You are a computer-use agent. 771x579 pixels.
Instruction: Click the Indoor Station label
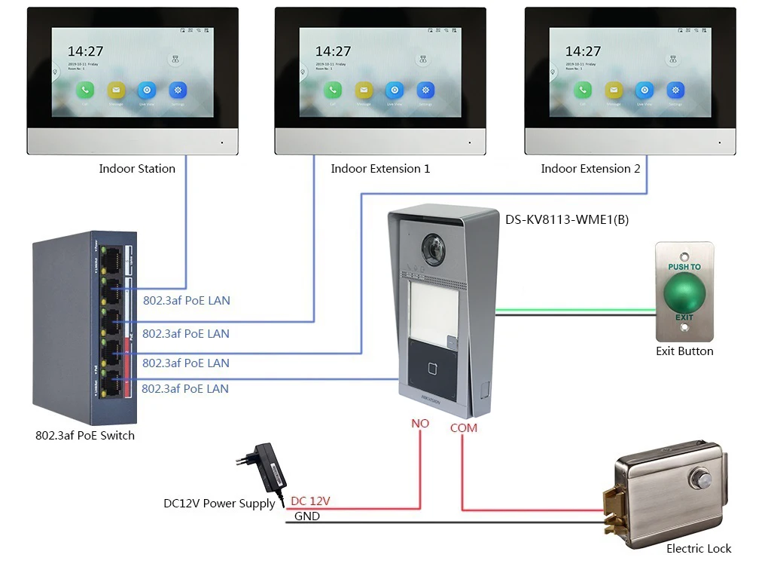click(x=137, y=169)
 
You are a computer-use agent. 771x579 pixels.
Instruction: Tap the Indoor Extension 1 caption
click(x=380, y=169)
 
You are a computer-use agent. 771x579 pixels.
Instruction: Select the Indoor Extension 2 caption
click(x=590, y=169)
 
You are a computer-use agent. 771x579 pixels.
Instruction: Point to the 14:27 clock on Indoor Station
click(x=85, y=51)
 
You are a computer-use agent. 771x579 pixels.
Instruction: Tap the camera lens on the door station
click(x=434, y=248)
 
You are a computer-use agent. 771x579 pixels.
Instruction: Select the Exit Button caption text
click(x=684, y=351)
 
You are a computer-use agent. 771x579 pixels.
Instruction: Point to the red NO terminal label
click(x=419, y=424)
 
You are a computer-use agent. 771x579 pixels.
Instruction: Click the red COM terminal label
click(x=463, y=427)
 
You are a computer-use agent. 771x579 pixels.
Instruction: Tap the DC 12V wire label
click(x=310, y=501)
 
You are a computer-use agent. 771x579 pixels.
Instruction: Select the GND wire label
click(x=306, y=516)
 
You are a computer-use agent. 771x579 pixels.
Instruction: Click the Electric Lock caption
click(x=698, y=549)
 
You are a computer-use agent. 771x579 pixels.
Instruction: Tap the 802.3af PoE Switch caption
click(x=85, y=436)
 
